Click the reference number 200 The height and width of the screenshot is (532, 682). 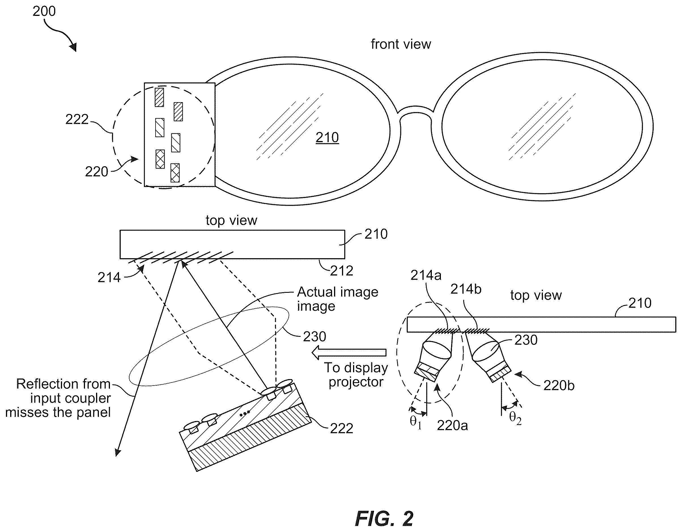[x=44, y=12]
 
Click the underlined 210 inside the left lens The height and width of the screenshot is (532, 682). [x=327, y=138]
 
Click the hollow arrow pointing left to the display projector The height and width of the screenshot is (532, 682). [x=349, y=352]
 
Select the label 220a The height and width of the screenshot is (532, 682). [x=452, y=426]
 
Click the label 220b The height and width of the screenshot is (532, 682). [x=559, y=386]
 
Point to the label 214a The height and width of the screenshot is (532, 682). [x=426, y=275]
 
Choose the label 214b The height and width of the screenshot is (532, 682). [x=466, y=289]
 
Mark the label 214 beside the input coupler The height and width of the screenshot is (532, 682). [x=109, y=277]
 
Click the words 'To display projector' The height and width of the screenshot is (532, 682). [x=356, y=375]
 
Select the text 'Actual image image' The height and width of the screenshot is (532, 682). [x=337, y=299]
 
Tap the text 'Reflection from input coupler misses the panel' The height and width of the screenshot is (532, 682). [x=58, y=398]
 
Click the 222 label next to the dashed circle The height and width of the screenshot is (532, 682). [x=77, y=119]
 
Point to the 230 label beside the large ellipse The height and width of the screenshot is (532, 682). [x=315, y=337]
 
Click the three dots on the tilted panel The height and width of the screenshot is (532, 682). [x=245, y=414]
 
